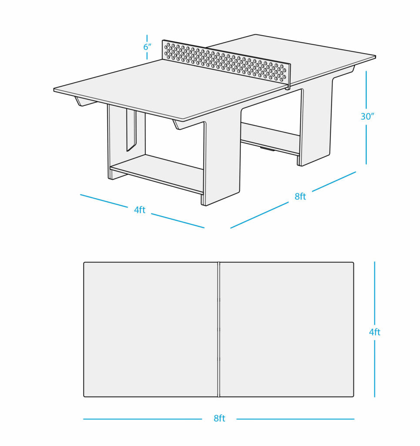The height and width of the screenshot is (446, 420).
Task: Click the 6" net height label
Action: point(147,47)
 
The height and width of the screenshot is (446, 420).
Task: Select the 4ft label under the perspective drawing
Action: point(140,210)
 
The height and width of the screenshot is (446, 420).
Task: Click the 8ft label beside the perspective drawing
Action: point(300,196)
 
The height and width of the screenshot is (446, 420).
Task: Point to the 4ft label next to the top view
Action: point(375,332)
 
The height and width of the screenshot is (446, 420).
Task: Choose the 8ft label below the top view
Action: point(219,419)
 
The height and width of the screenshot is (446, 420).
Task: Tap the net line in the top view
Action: point(219,329)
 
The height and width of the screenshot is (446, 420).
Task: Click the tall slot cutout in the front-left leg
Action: point(131,131)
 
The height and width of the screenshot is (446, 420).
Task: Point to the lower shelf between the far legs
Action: point(270,137)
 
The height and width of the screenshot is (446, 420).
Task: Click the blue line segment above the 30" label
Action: point(366,90)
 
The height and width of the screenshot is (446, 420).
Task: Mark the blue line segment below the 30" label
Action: point(366,145)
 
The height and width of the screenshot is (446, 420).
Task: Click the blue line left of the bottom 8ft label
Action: point(142,419)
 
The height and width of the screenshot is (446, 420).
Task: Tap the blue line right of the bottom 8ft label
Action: point(295,419)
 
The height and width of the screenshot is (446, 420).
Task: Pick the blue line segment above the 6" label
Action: point(147,38)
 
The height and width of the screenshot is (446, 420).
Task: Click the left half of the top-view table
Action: point(151,329)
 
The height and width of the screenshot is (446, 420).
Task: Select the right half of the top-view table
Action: point(287,329)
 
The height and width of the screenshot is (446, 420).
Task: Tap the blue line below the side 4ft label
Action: point(375,368)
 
